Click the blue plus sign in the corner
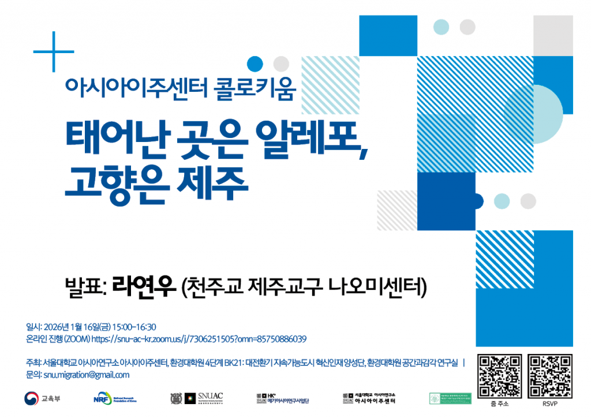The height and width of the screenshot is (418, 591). click(53, 52)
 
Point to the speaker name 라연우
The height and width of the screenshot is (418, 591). click(143, 285)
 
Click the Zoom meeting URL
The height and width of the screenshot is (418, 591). click(199, 339)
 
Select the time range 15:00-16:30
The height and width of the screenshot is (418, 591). click(136, 327)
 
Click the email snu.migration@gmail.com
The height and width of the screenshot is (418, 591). click(87, 375)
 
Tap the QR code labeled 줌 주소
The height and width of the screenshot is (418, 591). click(500, 376)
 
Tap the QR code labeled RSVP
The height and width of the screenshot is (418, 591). click(551, 376)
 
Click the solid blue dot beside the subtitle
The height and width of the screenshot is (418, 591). click(255, 63)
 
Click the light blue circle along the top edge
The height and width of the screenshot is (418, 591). click(441, 26)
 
